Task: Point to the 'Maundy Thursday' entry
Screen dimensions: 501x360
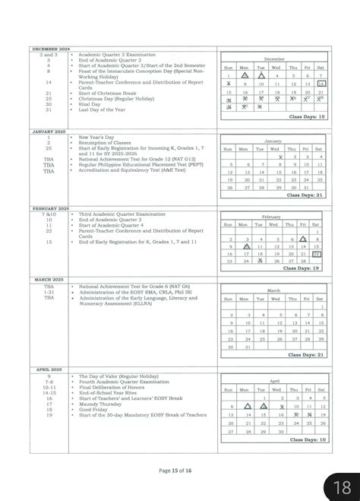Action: (x=99, y=405)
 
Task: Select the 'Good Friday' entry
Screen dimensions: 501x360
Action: (x=93, y=411)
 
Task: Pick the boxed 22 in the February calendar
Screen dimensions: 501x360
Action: (x=317, y=254)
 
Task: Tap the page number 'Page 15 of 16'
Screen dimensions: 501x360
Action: (x=179, y=471)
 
